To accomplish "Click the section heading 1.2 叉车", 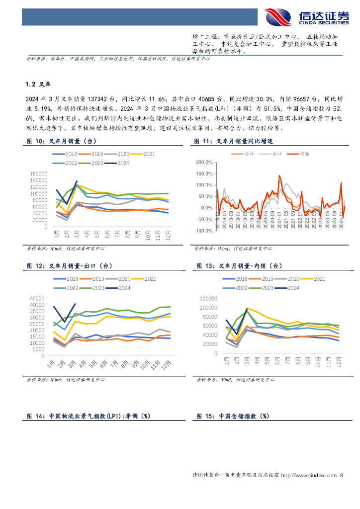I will point(38,84).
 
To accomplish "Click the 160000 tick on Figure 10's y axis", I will point(38,173).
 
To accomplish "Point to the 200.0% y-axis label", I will point(203,162).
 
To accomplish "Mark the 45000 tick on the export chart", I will point(40,298).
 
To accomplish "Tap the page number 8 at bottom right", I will point(341,476).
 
